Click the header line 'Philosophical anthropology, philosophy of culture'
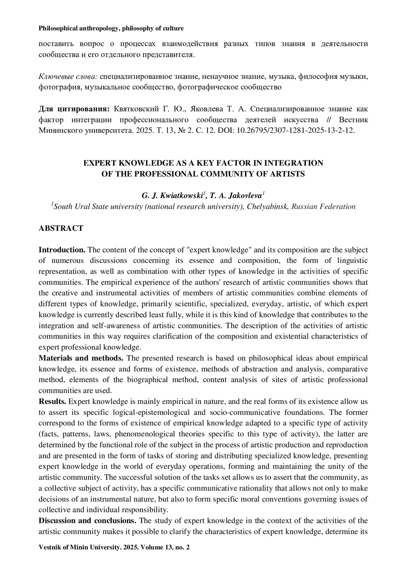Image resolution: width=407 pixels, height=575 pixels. [x=111, y=28]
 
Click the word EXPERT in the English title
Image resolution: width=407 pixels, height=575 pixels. [x=100, y=163]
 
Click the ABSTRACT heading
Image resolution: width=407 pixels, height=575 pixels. [x=61, y=228]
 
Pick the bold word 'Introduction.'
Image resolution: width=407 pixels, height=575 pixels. [x=62, y=250]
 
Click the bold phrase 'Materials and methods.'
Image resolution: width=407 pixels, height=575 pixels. [x=81, y=358]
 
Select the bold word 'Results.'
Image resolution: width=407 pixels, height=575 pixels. [x=53, y=402]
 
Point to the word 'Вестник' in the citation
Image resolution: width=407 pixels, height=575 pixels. [x=353, y=120]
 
